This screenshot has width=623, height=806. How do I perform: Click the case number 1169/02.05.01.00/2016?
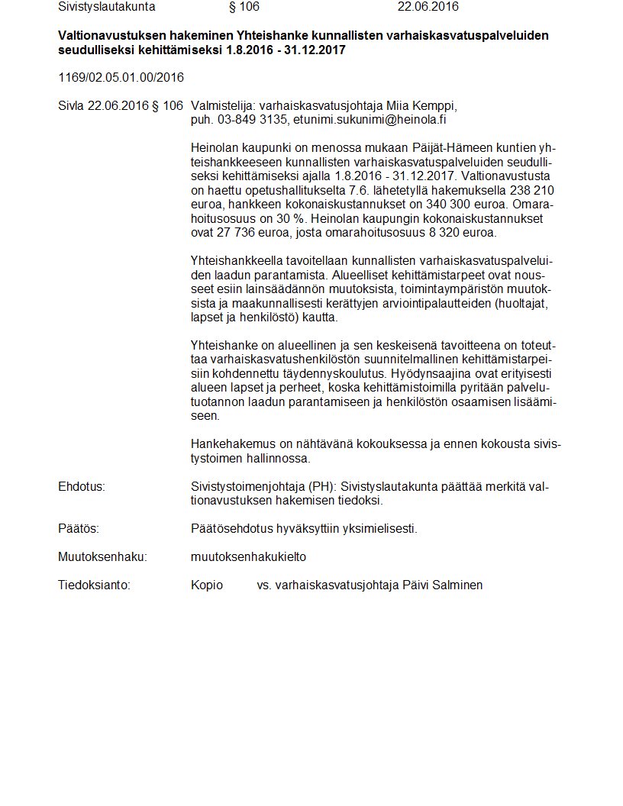[121, 78]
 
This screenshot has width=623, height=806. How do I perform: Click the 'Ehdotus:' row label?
[82, 486]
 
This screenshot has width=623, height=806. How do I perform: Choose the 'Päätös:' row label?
[79, 528]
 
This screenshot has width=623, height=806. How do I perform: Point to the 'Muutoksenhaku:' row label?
[102, 556]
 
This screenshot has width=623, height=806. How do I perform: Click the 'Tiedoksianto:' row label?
[95, 585]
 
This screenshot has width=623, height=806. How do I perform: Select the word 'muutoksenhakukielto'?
[248, 556]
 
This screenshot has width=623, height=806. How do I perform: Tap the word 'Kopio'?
[207, 585]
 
